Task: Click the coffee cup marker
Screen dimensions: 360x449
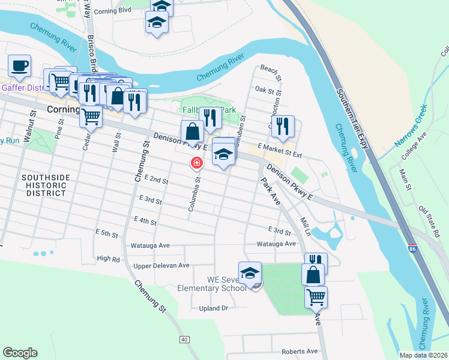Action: tap(19, 65)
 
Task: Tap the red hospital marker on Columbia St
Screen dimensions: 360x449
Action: tap(196, 163)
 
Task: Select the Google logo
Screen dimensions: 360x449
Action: tap(20, 353)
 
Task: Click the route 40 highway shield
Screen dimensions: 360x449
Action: tap(184, 340)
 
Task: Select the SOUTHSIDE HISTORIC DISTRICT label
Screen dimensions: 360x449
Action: tap(46, 185)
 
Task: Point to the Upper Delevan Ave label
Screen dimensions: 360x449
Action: tap(161, 265)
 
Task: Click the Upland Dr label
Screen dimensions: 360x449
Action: tap(214, 308)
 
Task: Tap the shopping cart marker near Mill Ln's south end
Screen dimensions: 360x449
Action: tap(316, 296)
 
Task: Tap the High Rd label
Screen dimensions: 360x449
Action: tap(109, 259)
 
